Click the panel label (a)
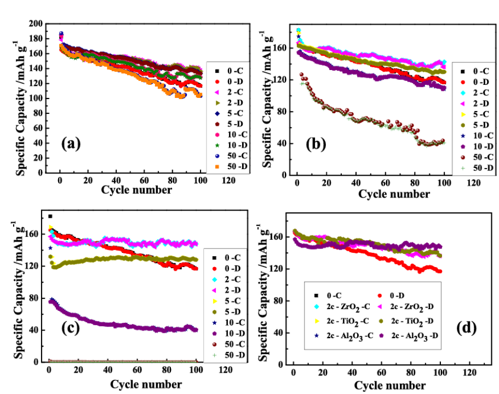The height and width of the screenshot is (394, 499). click(71, 144)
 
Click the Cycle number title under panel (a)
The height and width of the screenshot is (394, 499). click(136, 190)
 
